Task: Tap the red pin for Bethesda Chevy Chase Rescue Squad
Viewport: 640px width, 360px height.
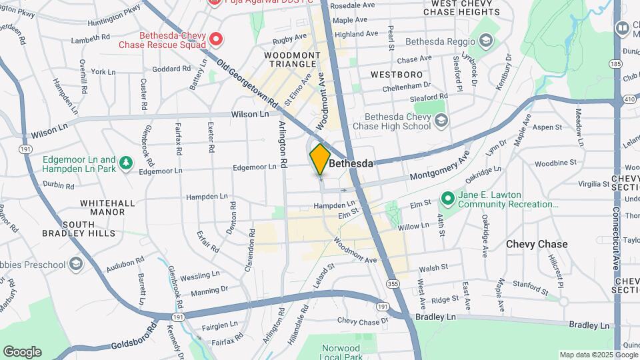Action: coord(215,39)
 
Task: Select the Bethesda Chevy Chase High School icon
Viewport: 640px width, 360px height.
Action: coord(441,121)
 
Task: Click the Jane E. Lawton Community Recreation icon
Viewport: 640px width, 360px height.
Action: coord(447,199)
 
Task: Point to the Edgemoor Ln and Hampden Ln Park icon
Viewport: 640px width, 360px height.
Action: coord(126,163)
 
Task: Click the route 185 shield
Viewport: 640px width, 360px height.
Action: coord(615,63)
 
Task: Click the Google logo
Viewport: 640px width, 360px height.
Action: coord(22,352)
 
